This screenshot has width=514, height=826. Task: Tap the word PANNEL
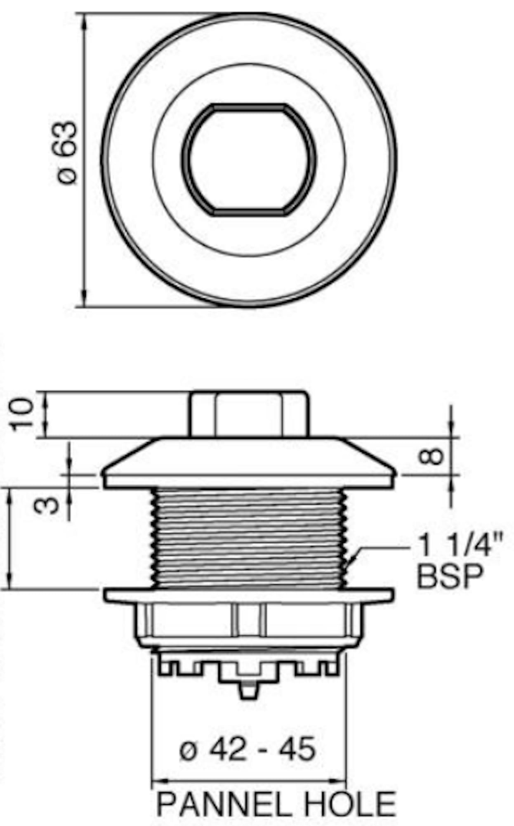tap(227, 803)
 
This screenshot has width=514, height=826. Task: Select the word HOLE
tap(350, 803)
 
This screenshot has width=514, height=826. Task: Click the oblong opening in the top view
tap(249, 160)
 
